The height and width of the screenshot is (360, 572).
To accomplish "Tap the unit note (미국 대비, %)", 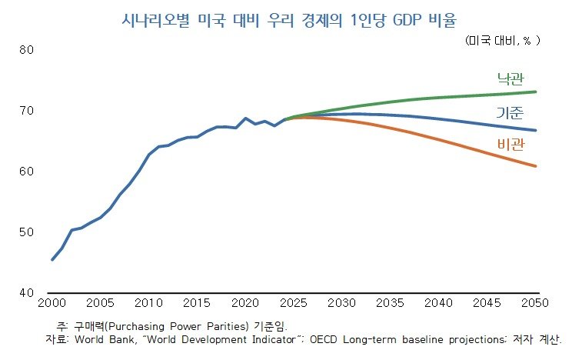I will click(503, 40).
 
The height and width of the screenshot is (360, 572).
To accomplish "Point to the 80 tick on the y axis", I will click(27, 51).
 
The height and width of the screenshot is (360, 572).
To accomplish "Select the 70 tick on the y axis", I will click(27, 112).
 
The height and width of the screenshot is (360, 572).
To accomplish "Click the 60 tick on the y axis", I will click(27, 172).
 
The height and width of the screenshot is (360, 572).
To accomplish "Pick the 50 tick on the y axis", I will click(27, 232).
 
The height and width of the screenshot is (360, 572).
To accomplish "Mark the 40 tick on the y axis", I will click(27, 293).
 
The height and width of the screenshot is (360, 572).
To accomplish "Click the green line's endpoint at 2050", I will click(536, 92).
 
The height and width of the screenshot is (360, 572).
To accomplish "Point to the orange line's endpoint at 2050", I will click(536, 166).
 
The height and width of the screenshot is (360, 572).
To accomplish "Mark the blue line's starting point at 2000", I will click(52, 259).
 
